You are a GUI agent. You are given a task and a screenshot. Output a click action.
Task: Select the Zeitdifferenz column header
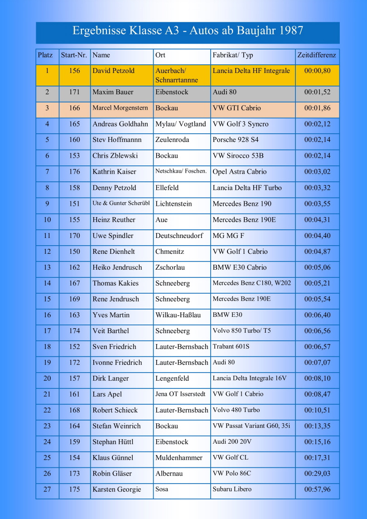(x=317, y=55)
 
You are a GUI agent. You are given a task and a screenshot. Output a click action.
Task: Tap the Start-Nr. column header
(x=74, y=55)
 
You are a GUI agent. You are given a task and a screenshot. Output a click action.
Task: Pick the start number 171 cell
(x=74, y=92)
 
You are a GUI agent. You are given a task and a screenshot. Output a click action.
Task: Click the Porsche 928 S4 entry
(x=236, y=140)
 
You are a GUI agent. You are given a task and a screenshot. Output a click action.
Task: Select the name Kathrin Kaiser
(x=114, y=172)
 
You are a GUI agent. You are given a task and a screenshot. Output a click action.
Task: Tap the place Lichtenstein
(x=174, y=204)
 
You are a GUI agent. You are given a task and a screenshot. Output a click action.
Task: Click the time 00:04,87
(x=317, y=252)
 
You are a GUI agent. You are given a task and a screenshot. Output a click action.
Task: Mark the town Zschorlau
(x=170, y=267)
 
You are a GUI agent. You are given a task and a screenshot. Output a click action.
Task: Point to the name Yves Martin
(x=111, y=315)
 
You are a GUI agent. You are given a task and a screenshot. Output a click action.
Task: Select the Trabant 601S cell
(x=231, y=347)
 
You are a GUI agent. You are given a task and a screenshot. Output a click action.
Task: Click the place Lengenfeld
(x=172, y=378)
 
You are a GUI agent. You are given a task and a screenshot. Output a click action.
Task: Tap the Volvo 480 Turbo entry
(x=236, y=410)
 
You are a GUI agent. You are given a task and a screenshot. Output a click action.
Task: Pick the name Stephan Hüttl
(x=115, y=442)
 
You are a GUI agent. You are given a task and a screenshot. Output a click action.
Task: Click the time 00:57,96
(x=317, y=490)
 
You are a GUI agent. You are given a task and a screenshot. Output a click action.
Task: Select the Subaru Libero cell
(x=232, y=490)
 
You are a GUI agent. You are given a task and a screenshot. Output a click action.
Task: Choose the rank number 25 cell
(x=47, y=458)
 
